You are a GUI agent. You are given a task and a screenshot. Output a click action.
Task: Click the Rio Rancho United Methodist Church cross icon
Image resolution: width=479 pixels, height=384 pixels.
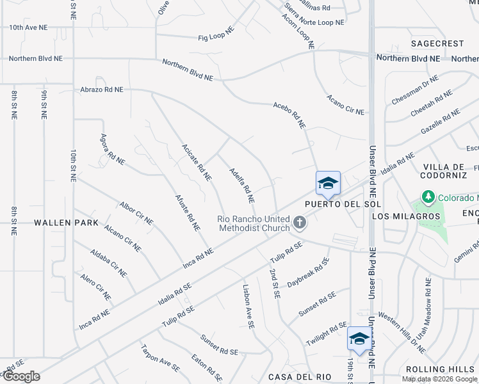click(298, 223)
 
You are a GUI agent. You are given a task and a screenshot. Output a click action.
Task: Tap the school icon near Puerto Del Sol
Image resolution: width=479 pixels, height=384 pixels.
click(327, 184)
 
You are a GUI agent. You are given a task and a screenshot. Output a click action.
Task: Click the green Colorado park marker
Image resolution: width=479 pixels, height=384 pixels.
click(427, 196)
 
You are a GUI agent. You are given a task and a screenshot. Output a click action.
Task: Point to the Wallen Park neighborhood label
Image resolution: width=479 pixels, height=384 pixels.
click(67, 223)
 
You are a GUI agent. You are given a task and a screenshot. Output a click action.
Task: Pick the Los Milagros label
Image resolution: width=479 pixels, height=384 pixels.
click(407, 216)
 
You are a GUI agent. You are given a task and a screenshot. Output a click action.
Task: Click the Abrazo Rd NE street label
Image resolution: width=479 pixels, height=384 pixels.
click(101, 90)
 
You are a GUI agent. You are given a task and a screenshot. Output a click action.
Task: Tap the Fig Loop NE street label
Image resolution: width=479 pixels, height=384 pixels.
click(216, 34)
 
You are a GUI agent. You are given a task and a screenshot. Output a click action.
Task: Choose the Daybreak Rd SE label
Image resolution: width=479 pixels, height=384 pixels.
click(308, 273)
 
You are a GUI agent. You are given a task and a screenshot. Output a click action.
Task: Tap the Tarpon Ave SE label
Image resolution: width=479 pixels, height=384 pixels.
click(160, 358)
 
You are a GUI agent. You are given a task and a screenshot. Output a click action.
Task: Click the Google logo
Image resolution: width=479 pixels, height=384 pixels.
click(21, 376)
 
